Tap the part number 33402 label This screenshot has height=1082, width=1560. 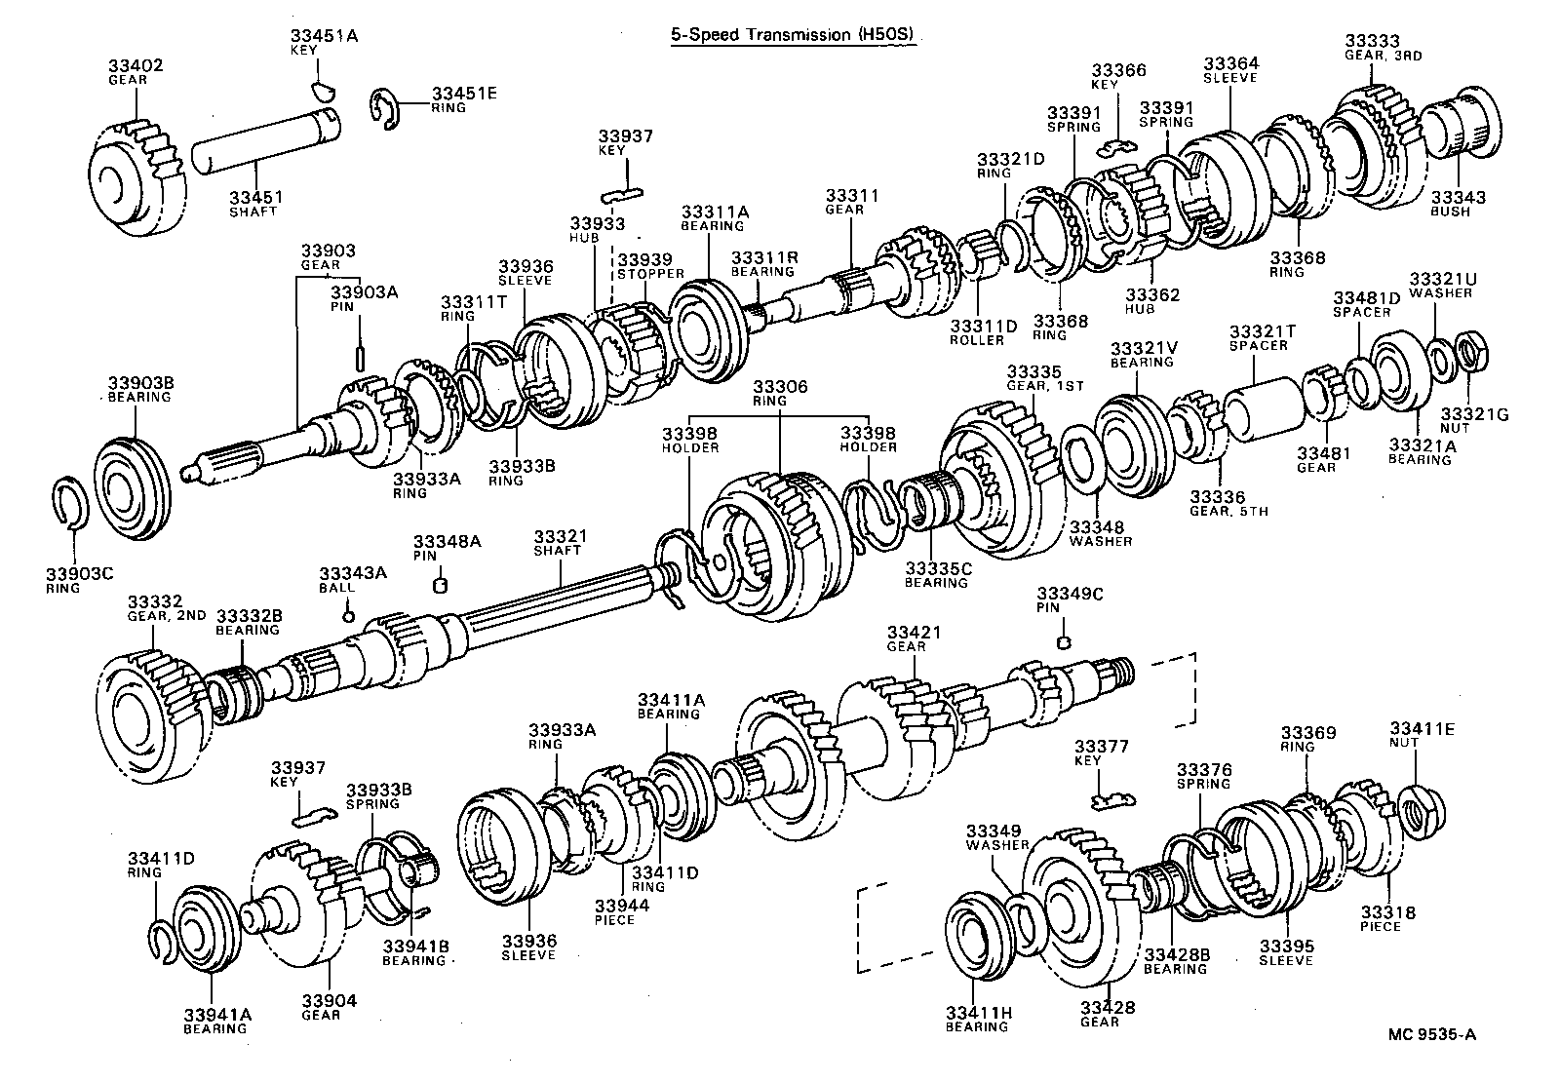point(136,66)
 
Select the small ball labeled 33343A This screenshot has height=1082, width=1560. point(347,615)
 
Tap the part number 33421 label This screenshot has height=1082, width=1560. point(914,633)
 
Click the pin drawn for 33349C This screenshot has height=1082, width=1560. point(1064,640)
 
